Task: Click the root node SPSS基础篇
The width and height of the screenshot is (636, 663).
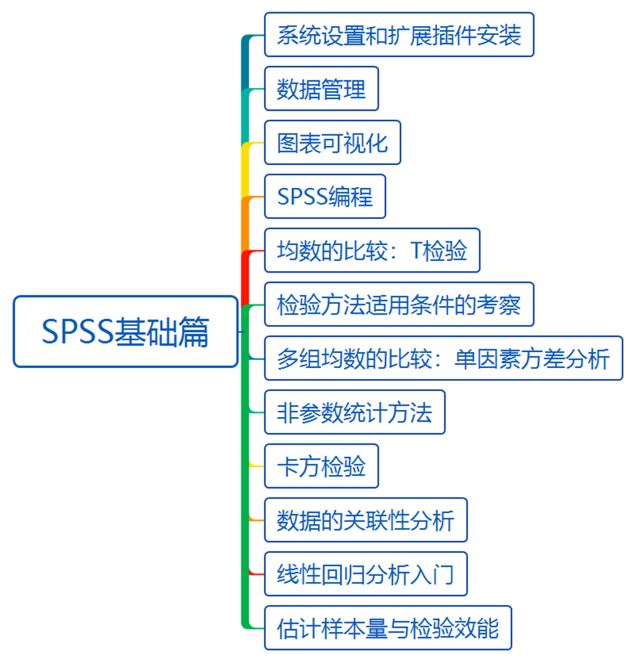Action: point(125,332)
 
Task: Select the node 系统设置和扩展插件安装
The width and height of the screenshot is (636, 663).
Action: point(399,35)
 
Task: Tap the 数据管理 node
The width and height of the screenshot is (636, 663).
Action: point(321,89)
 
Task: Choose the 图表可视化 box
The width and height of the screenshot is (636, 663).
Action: point(332,142)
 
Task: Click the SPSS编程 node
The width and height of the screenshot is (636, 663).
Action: point(325,197)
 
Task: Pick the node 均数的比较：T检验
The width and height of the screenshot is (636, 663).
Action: point(371,250)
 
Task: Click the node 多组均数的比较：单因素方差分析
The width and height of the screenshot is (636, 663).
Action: point(443,358)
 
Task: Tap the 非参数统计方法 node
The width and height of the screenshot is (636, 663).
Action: point(354,412)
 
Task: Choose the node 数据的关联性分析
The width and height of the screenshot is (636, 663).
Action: point(365,520)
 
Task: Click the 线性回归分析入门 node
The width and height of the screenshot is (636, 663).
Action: point(365,574)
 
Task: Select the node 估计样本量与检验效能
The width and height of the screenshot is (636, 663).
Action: point(387,628)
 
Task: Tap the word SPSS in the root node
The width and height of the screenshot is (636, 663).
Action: point(75,333)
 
